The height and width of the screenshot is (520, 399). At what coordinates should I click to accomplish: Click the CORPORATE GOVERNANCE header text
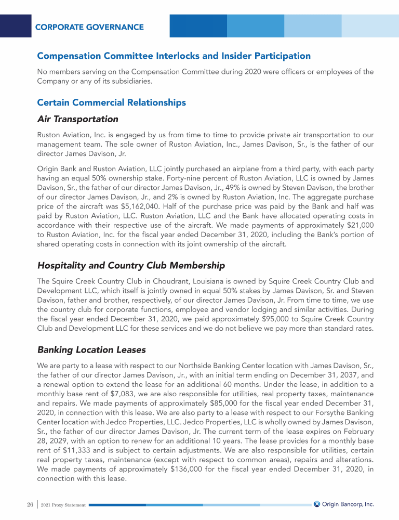click(89, 27)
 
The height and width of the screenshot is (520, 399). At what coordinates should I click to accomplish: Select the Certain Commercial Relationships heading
click(111, 102)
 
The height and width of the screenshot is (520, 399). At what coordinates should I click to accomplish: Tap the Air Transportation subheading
click(78, 120)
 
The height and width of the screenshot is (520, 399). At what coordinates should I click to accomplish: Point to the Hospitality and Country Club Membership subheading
click(131, 266)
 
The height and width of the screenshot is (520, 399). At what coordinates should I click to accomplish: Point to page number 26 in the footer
click(30, 504)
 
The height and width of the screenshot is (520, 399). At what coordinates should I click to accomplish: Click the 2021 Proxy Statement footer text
click(63, 505)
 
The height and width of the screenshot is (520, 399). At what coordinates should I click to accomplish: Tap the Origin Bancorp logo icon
click(316, 504)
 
